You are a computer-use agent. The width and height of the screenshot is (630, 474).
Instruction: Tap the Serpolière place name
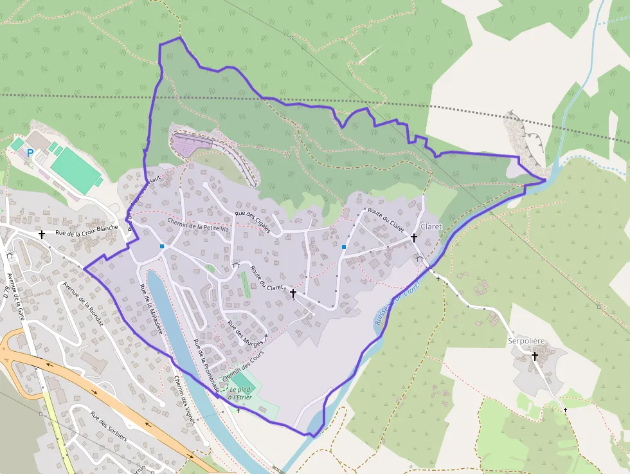[x=526, y=340]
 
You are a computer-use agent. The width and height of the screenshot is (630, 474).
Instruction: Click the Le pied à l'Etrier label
[x=239, y=394]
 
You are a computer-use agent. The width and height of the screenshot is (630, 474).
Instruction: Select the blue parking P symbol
[x=30, y=153]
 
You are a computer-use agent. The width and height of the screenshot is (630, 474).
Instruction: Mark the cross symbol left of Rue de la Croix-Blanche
[x=42, y=235]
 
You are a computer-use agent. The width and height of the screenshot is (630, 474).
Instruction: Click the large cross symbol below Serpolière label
[x=534, y=356]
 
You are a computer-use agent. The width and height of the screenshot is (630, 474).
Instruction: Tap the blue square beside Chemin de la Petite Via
[x=162, y=246]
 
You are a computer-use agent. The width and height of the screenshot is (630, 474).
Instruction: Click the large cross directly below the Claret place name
[x=414, y=238]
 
